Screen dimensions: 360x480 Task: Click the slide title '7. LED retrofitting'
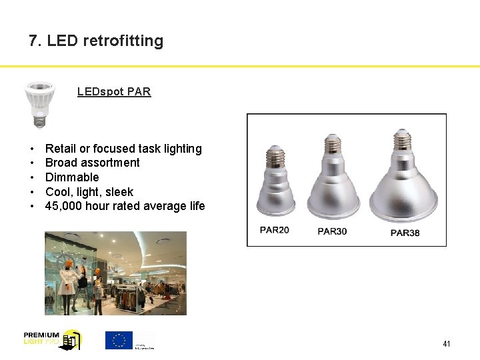(96, 41)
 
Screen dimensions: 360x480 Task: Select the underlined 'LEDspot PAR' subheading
(114, 92)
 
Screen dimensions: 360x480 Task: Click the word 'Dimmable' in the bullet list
(72, 177)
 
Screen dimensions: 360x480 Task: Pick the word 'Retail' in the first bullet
(60, 149)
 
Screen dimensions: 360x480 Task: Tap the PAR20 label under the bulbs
(275, 230)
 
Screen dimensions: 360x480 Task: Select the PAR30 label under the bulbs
(332, 231)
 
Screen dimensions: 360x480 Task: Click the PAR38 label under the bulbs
(405, 233)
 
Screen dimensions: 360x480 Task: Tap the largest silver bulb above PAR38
(403, 180)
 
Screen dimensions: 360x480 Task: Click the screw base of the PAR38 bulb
(402, 142)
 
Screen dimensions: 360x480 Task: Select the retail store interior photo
(115, 273)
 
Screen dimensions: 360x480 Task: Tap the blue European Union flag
(119, 340)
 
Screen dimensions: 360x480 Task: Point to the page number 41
(446, 344)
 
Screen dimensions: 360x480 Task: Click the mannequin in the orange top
(67, 277)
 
